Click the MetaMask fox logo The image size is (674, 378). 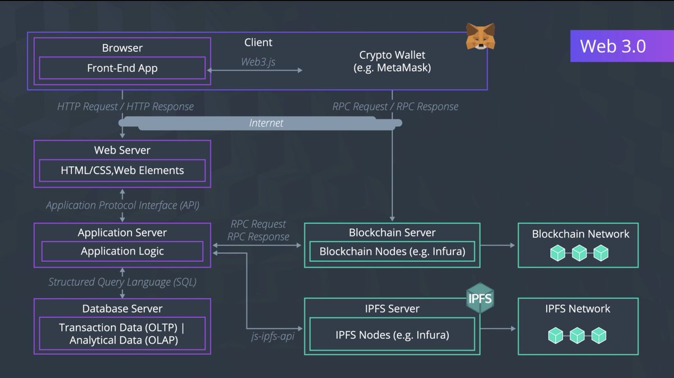point(480,36)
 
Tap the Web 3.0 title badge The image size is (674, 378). point(613,46)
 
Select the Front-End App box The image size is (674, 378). point(122,68)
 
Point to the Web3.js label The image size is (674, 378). point(258,62)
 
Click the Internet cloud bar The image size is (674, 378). point(267,123)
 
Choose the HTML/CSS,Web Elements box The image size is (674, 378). point(122,170)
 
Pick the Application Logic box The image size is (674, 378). point(122,251)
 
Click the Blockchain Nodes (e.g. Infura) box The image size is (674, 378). point(392,251)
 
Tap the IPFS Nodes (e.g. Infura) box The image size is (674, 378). point(392,335)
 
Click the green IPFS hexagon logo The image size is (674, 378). point(480,299)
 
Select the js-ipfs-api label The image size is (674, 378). point(272,336)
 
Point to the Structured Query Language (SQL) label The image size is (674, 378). point(122,282)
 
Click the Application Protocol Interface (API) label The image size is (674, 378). point(122,205)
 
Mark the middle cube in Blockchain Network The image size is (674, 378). point(579,253)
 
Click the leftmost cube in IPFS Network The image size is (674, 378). point(555,336)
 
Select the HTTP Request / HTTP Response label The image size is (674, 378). point(125,107)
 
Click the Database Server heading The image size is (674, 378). point(122,308)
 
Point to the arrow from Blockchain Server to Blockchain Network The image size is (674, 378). point(498,245)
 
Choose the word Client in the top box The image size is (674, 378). point(258,43)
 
